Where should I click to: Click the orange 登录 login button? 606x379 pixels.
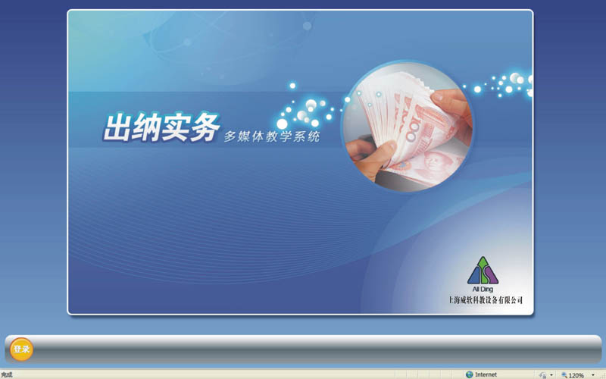tap(21, 349)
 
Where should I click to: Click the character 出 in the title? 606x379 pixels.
tap(117, 127)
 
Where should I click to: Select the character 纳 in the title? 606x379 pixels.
tap(145, 127)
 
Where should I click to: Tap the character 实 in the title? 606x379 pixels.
tap(175, 127)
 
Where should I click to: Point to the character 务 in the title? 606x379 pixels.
tap(205, 126)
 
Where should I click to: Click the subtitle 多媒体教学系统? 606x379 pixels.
tap(272, 136)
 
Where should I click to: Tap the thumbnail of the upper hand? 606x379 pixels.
tap(437, 97)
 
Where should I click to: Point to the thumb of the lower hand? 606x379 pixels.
tap(380, 149)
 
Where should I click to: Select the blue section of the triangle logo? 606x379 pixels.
tap(473, 276)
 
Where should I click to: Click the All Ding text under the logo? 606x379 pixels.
tap(483, 289)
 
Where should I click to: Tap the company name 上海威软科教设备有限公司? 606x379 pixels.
tap(486, 299)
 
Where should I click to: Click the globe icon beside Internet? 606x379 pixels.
tap(469, 374)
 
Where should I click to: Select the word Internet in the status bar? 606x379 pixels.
tap(486, 374)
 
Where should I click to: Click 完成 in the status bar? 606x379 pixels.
tap(7, 374)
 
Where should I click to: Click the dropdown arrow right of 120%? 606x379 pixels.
tap(593, 374)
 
